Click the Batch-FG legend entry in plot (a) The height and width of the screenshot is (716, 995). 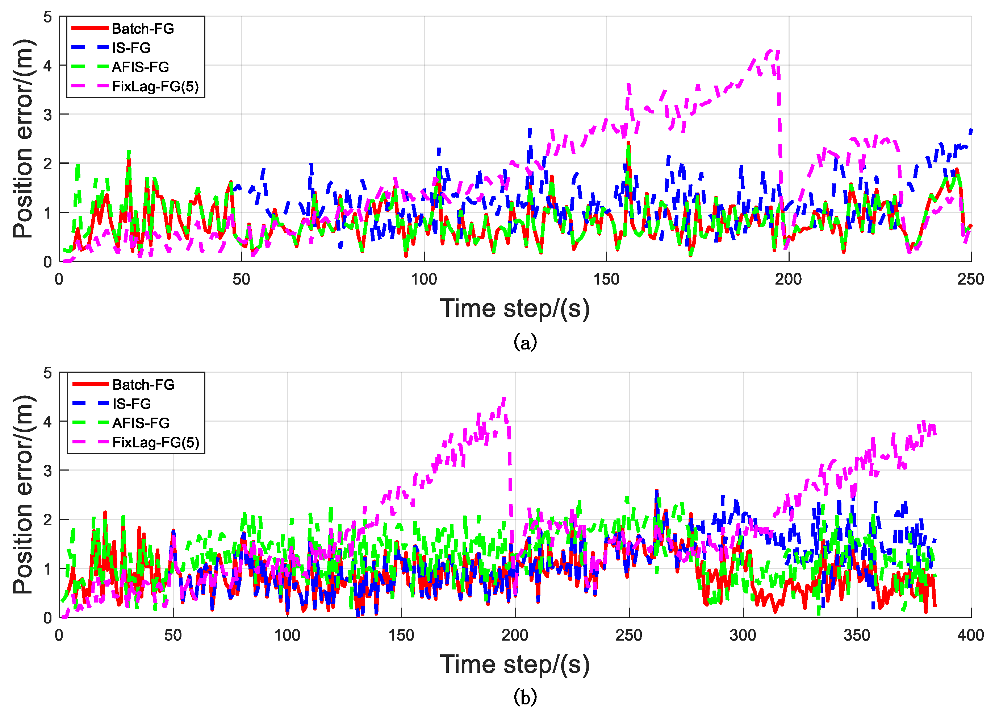point(143,29)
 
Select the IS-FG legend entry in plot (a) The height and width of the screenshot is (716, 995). point(131,48)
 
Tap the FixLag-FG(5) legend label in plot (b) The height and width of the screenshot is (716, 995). point(156,443)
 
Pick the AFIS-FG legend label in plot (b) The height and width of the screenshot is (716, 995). point(141,423)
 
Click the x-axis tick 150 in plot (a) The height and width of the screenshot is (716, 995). point(606,279)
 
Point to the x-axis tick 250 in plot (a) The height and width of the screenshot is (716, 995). point(970,279)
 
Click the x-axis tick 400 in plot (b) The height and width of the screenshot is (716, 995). point(970,635)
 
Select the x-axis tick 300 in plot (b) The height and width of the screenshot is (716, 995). point(743,635)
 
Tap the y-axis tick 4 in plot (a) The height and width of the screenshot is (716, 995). point(47,66)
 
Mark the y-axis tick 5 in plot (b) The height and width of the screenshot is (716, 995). point(47,373)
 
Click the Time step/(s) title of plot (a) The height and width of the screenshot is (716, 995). point(515,309)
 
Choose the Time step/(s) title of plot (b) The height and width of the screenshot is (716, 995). point(515,664)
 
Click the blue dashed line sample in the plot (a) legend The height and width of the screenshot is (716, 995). point(90,47)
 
